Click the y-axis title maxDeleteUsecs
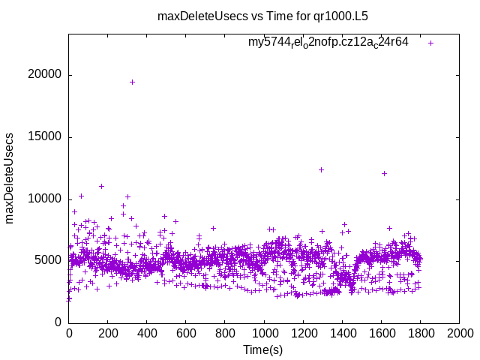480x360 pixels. [x=10, y=178]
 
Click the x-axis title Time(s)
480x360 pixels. [x=263, y=349]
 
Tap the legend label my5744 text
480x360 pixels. [x=328, y=42]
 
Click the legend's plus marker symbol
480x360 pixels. [x=430, y=43]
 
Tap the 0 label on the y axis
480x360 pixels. [x=58, y=322]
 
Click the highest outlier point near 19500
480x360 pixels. [x=132, y=82]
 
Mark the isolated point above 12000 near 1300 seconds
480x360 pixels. [x=321, y=169]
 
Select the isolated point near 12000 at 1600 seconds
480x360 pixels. [x=384, y=173]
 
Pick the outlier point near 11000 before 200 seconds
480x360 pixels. [x=101, y=186]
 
